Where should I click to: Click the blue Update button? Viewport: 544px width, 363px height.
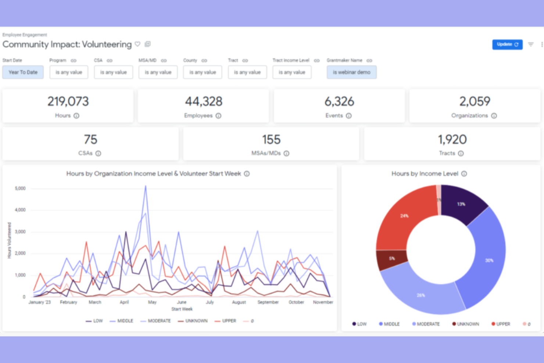(507, 45)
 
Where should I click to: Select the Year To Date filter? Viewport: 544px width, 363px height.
(23, 72)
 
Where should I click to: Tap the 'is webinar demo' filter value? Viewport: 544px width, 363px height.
(351, 72)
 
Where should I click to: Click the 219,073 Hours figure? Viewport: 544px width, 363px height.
(68, 102)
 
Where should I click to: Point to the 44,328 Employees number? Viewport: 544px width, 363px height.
(204, 102)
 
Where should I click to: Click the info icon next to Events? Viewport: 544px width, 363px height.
(349, 116)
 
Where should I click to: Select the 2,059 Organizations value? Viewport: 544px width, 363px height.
(475, 102)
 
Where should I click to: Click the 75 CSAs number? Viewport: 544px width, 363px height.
(90, 140)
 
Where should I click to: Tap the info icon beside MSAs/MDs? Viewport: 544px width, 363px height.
(286, 153)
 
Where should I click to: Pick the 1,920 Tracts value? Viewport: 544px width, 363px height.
(452, 140)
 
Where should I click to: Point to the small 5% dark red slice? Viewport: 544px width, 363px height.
(392, 259)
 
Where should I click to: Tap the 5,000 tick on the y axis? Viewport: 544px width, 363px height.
(20, 188)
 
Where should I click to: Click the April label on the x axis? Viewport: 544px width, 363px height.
(124, 302)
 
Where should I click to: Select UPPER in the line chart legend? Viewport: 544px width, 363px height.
(229, 321)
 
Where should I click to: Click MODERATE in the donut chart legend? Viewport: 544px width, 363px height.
(428, 324)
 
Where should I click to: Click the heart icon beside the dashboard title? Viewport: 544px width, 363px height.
(137, 44)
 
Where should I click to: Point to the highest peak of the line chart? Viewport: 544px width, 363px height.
(146, 186)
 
